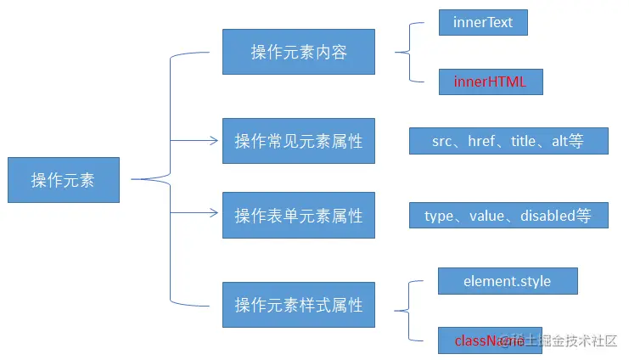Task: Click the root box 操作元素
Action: [x=64, y=180]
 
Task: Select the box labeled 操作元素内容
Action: [x=299, y=52]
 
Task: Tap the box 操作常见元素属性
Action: [x=299, y=141]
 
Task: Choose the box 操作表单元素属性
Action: [x=299, y=216]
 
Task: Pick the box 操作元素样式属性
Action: [x=299, y=304]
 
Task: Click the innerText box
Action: [x=483, y=23]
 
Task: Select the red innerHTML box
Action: [x=490, y=82]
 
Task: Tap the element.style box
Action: [x=508, y=280]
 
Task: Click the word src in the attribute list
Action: [x=441, y=142]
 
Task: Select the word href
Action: [x=483, y=142]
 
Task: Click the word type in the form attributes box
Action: [x=440, y=216]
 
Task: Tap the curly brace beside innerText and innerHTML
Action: [x=409, y=53]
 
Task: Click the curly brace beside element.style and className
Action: [x=409, y=310]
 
